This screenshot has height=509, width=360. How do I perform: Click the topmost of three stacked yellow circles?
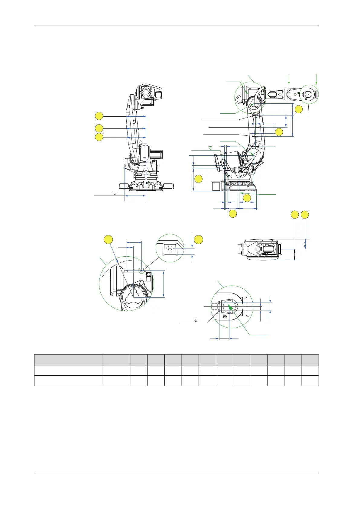pos(99,116)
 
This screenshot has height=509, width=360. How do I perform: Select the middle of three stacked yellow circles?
pos(99,128)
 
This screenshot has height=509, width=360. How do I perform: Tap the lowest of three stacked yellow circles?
pos(99,137)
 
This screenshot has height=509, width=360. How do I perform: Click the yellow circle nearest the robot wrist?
pos(298,109)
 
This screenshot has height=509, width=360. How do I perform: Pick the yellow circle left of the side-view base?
pos(198,179)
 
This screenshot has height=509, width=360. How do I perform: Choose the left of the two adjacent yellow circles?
pos(295,215)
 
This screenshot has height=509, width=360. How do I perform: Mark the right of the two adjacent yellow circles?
pos(305,215)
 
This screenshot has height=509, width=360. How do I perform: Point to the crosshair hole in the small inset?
pos(170,248)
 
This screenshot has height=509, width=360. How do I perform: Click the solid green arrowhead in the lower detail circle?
pos(230,307)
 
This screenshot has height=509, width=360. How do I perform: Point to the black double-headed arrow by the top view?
pos(295,254)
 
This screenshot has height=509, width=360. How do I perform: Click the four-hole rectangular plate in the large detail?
pos(148,276)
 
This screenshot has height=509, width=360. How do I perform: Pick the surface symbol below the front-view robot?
pos(115,193)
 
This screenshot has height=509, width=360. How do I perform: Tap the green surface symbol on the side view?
pos(211,148)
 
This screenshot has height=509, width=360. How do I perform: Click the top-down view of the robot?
pos(262,249)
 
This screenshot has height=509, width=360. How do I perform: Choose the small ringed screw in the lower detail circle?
pos(225,316)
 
